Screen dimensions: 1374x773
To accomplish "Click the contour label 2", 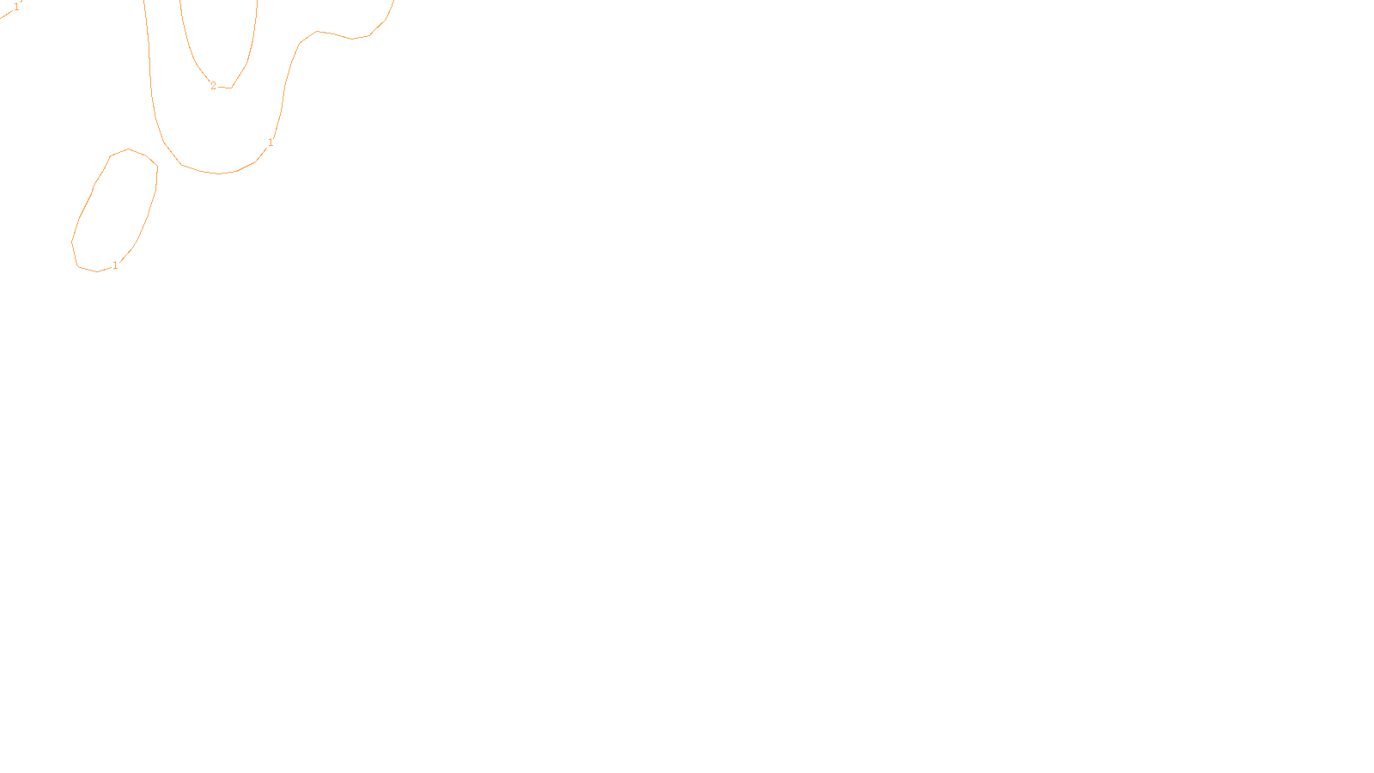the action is click(x=213, y=86).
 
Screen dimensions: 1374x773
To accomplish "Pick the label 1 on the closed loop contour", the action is click(x=115, y=265).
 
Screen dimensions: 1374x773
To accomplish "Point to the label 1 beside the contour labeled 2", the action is click(x=271, y=143).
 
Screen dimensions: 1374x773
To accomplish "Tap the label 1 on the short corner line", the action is click(x=16, y=7).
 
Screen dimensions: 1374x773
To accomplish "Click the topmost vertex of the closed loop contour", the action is click(x=129, y=149).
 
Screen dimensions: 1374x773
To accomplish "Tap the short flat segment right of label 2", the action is click(x=225, y=87).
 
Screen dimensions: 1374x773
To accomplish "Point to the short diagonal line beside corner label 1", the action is click(x=7, y=14).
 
